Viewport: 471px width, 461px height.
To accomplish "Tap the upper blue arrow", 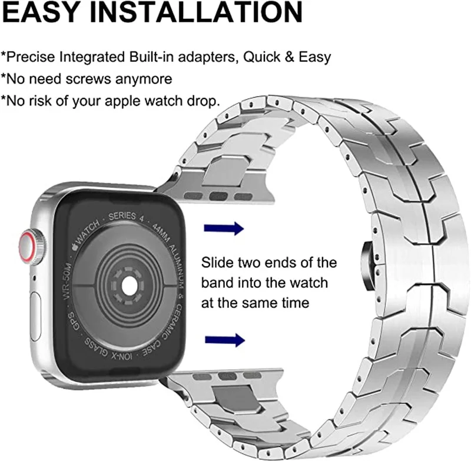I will point(224,228).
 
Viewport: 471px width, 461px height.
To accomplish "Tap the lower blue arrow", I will point(224,339).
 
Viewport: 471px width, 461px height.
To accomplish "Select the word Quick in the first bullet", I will point(261,57).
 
